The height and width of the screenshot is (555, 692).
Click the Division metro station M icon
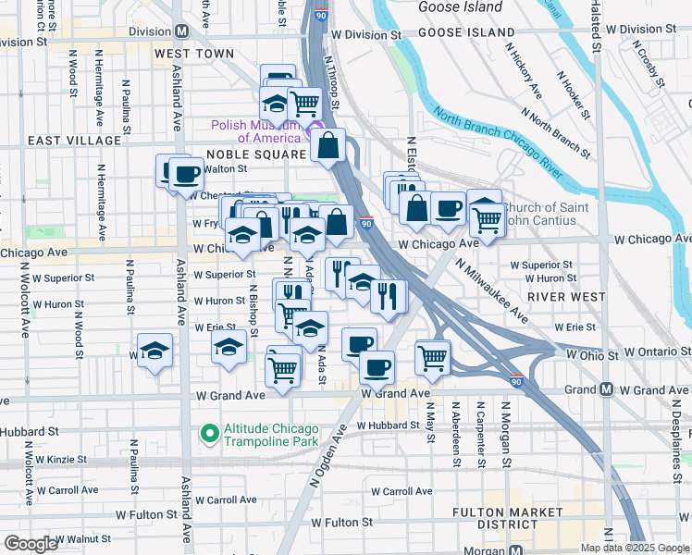(x=182, y=31)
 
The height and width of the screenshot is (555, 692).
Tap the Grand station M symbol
(x=607, y=390)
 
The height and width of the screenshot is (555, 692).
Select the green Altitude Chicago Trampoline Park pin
(x=210, y=432)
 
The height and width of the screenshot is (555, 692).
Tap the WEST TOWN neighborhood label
(x=194, y=55)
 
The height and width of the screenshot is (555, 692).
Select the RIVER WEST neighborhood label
(x=560, y=297)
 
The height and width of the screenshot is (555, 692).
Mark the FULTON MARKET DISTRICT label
(x=507, y=518)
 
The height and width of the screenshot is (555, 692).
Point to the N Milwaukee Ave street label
(x=491, y=290)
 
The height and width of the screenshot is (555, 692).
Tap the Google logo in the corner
(x=31, y=544)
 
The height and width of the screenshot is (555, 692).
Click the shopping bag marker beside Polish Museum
(x=329, y=146)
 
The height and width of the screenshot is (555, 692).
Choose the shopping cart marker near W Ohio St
(x=433, y=357)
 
